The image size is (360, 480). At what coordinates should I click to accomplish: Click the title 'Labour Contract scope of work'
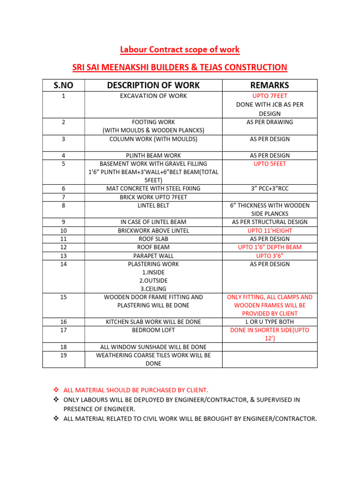180,50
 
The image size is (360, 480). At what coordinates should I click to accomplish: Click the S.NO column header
63,85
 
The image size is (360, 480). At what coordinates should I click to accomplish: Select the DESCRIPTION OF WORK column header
153,85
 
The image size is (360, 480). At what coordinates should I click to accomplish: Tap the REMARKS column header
270,85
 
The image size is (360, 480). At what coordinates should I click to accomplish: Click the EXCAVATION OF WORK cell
153,96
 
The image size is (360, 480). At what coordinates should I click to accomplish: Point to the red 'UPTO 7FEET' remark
270,96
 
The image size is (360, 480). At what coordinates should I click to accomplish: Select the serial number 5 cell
63,164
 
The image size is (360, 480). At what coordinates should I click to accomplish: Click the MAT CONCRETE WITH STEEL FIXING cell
153,188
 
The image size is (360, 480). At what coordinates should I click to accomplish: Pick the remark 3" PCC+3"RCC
270,188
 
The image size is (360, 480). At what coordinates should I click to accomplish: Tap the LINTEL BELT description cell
153,205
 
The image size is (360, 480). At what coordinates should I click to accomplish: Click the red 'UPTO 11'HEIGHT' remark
270,231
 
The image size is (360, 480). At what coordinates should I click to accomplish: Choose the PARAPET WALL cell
153,256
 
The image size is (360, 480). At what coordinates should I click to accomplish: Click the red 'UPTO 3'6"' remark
270,256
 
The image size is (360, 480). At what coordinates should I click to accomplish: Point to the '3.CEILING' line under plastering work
153,289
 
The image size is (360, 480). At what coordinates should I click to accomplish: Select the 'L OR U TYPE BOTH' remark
270,322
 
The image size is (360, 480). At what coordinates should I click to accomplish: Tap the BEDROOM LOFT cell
153,330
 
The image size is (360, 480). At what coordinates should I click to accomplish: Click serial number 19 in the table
63,355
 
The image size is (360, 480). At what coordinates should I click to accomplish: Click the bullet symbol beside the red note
55,390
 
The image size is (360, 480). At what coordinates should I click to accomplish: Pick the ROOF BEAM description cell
153,247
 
